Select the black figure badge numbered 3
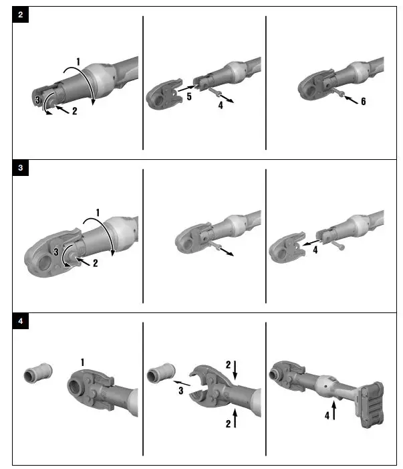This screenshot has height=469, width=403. (20, 169)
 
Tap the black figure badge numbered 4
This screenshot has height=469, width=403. (20, 321)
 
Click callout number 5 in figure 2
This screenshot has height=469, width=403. (189, 97)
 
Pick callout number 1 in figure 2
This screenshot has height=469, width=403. (79, 62)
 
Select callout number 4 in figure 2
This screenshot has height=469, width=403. (219, 104)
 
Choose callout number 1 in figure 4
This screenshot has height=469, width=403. (82, 362)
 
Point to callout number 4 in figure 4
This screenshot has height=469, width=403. (327, 415)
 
